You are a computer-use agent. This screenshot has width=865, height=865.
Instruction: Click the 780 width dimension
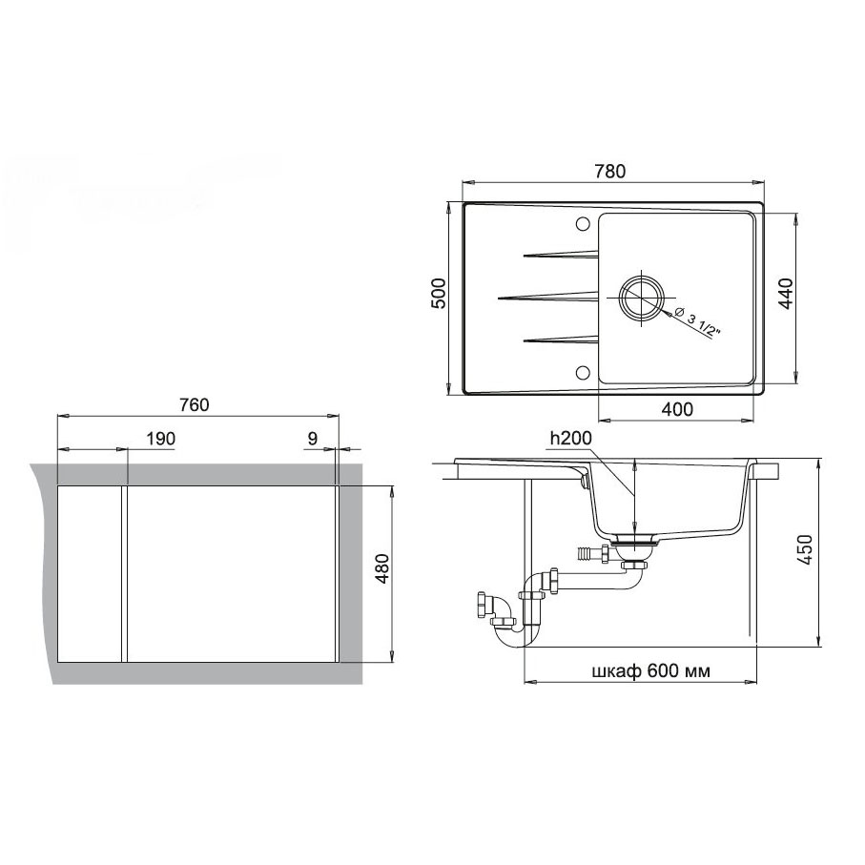(x=610, y=172)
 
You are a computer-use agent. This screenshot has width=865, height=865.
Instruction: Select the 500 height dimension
(x=438, y=294)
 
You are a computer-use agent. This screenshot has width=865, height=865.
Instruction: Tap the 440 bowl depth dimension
(x=785, y=294)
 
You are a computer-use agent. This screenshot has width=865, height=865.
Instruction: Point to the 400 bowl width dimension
(x=677, y=409)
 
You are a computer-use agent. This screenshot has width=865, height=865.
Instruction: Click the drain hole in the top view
(x=641, y=298)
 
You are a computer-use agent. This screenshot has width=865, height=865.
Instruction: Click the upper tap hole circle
(x=582, y=223)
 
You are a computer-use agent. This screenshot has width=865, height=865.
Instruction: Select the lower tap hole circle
(x=582, y=372)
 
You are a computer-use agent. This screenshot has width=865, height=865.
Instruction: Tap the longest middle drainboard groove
(x=547, y=298)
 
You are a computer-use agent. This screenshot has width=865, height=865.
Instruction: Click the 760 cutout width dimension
(x=195, y=405)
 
